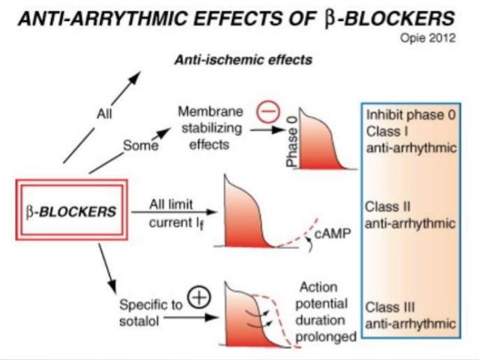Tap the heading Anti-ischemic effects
tap(244, 59)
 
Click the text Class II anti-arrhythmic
tap(411, 214)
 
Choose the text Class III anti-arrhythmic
tap(411, 315)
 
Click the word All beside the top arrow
tap(104, 113)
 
